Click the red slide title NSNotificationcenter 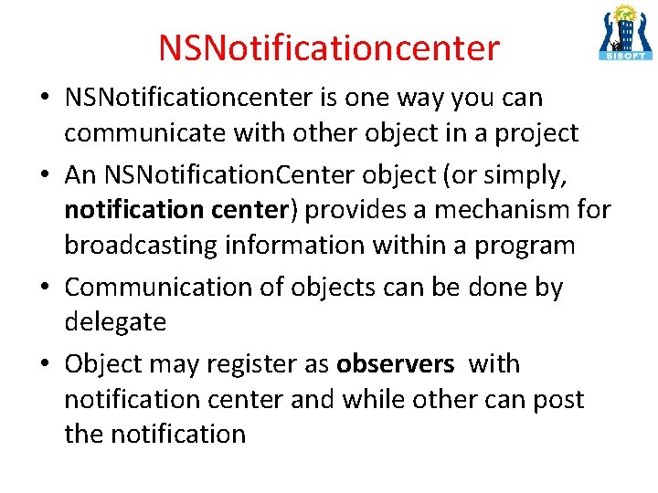coord(329,47)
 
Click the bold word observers coord(395,363)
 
